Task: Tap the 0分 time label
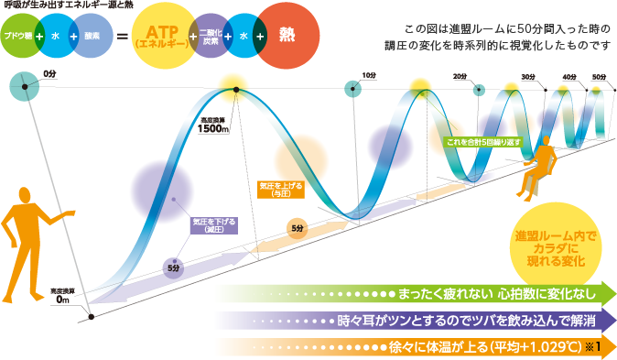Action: (x=49, y=72)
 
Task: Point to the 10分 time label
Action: (x=369, y=75)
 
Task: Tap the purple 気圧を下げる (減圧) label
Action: (x=213, y=224)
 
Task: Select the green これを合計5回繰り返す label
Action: (x=483, y=142)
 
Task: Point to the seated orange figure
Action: (x=535, y=165)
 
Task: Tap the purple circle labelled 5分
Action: (x=172, y=267)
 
